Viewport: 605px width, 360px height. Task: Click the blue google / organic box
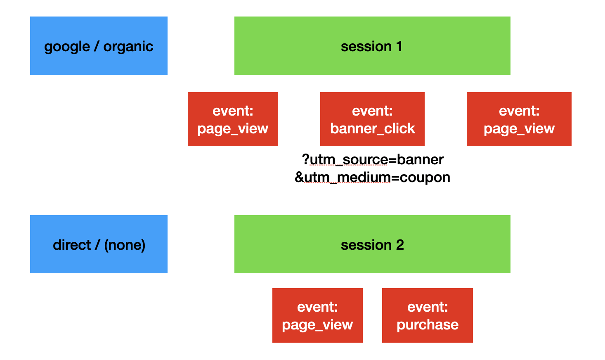tap(99, 46)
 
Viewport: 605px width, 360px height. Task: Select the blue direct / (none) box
tap(99, 244)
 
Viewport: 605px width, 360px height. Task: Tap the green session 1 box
tap(372, 46)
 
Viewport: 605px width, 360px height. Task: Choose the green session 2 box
tap(372, 244)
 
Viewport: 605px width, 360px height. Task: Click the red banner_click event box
tap(372, 119)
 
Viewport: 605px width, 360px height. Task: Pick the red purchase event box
tap(427, 315)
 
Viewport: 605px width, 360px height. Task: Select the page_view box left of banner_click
tap(233, 119)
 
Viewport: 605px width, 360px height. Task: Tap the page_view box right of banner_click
tap(519, 119)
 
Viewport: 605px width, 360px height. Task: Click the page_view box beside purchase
tap(317, 315)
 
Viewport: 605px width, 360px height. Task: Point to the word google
tap(67, 47)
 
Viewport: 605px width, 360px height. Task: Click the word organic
tap(128, 47)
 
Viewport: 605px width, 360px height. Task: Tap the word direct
tap(72, 245)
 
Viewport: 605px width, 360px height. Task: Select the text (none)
tap(125, 245)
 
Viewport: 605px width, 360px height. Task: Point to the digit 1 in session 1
tap(399, 47)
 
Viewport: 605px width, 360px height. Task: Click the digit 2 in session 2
tap(400, 245)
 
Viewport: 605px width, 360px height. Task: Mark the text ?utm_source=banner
tap(373, 159)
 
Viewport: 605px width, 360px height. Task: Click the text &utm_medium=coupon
tap(372, 178)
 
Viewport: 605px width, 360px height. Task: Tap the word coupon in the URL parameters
tap(425, 178)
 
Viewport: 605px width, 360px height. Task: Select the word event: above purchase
tap(428, 307)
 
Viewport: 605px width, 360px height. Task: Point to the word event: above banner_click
tap(372, 111)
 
